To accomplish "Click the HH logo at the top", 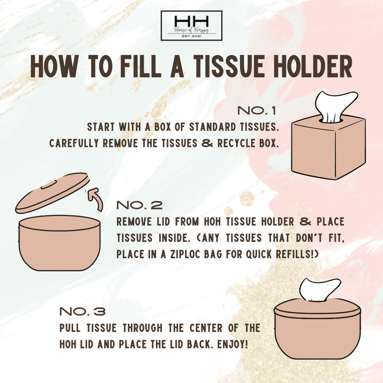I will [191, 25].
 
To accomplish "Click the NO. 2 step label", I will [139, 205].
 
